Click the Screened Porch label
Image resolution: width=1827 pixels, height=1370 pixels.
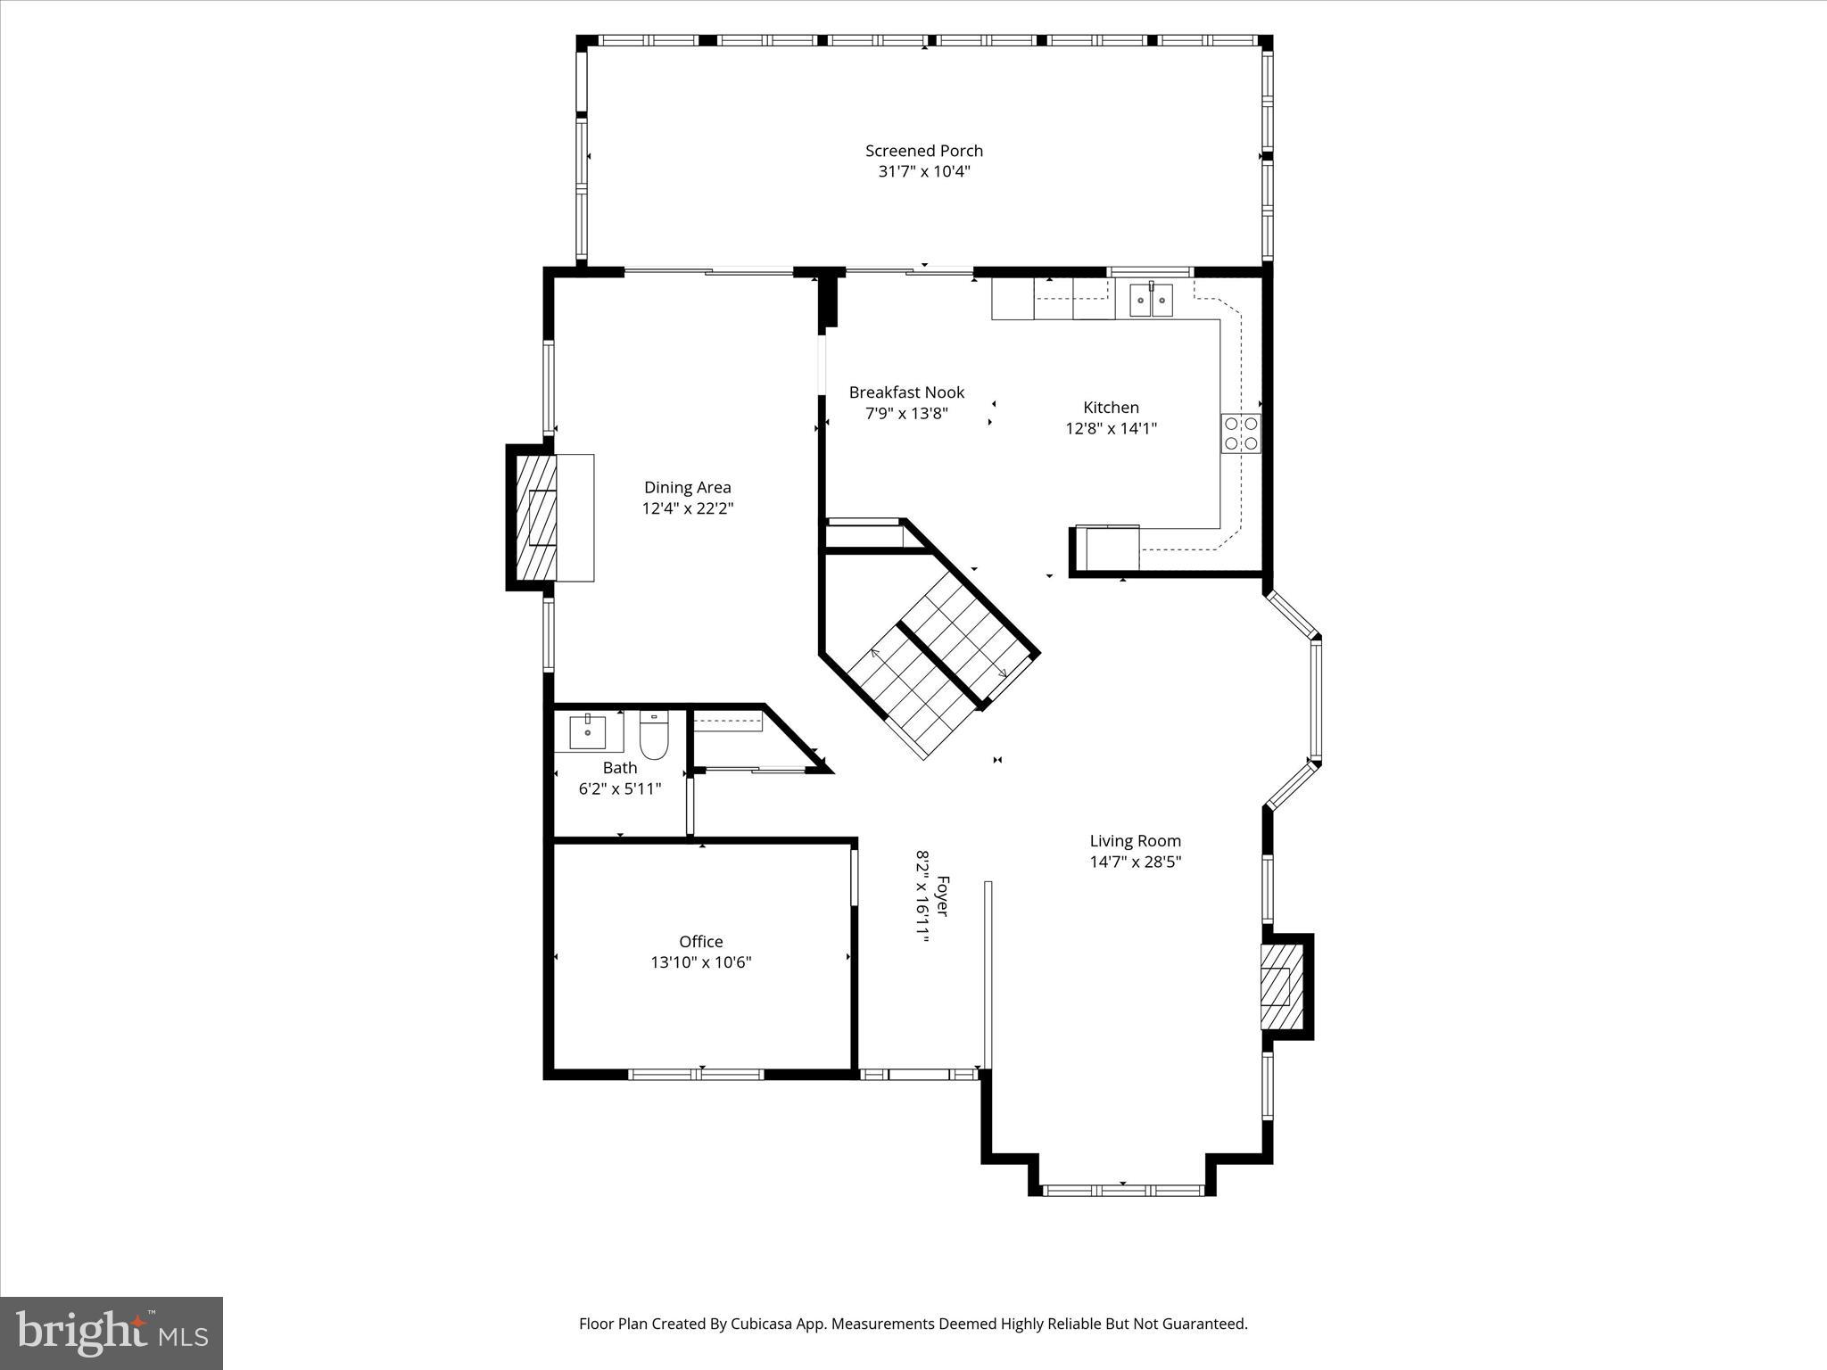click(x=923, y=151)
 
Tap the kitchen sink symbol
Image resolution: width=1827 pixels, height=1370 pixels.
click(x=1151, y=300)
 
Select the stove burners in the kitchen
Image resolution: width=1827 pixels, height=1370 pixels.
click(x=1241, y=433)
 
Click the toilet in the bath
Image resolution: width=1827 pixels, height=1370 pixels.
click(x=654, y=735)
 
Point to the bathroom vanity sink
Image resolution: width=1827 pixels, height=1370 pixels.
click(x=588, y=732)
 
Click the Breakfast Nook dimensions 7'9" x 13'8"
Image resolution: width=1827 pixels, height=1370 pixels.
click(x=906, y=414)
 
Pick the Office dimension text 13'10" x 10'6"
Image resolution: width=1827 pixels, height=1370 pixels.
click(x=701, y=962)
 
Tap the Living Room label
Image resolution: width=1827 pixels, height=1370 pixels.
click(x=1135, y=840)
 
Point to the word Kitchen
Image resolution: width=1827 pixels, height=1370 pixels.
click(x=1111, y=408)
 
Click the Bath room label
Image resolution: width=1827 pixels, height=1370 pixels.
click(x=620, y=768)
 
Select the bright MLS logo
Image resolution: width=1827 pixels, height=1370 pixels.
click(x=112, y=1333)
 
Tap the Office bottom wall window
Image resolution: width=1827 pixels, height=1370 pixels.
click(x=697, y=1074)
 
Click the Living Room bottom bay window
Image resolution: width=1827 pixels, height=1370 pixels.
click(x=1123, y=1190)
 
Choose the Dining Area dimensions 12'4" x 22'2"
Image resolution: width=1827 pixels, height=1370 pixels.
click(x=688, y=508)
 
